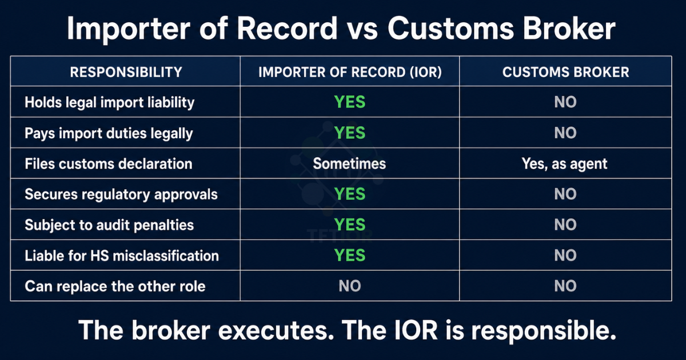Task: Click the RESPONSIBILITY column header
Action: [x=126, y=72]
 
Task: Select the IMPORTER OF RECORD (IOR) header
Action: [x=350, y=72]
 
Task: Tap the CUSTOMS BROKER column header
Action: [x=565, y=72]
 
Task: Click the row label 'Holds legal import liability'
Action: [x=110, y=103]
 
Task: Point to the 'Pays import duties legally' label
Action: [x=109, y=134]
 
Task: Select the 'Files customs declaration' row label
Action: [x=109, y=164]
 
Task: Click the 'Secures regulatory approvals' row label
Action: [x=121, y=194]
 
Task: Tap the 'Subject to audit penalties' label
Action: [x=109, y=225]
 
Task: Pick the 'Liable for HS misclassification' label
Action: [x=122, y=255]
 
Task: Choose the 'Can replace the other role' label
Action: [x=115, y=286]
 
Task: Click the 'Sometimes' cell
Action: [x=349, y=164]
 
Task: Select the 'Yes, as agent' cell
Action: [x=565, y=164]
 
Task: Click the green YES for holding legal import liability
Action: [x=350, y=103]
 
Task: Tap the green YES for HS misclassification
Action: [x=350, y=255]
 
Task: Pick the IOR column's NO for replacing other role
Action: [x=350, y=286]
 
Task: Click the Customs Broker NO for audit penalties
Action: [x=565, y=225]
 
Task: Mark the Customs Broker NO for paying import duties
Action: [x=565, y=134]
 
